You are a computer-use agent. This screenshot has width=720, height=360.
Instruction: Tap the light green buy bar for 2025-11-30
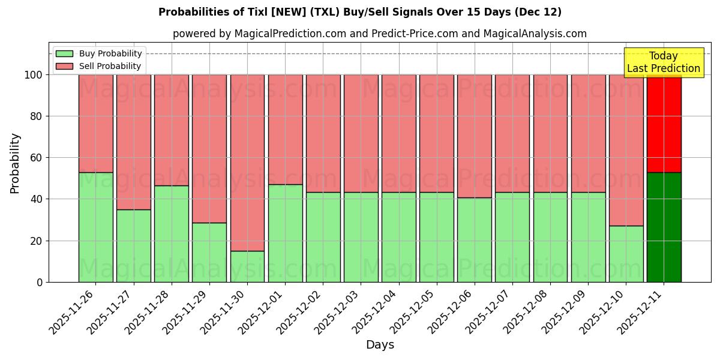247,266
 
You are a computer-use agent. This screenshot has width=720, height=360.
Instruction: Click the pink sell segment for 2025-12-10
626,150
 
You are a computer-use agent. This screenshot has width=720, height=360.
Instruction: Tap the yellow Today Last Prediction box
664,62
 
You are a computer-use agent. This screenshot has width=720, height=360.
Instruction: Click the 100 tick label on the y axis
33,75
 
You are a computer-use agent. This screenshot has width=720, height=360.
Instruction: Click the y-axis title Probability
15,163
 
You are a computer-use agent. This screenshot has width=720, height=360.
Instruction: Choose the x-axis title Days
380,345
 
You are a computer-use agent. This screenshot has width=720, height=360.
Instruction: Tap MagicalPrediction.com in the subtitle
290,34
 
